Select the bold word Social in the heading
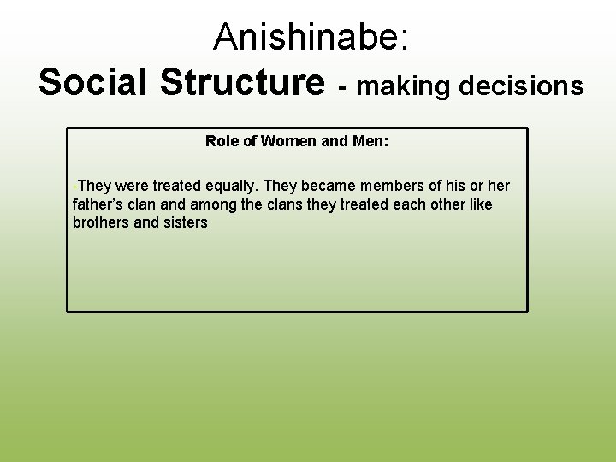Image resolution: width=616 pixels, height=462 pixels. [92, 83]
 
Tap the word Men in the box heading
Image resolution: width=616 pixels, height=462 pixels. [370, 141]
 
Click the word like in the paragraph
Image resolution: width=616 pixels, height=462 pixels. [479, 204]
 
